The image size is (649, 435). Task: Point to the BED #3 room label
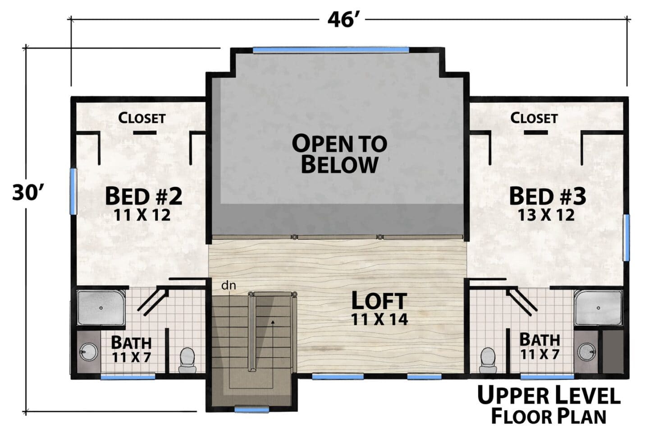pyautogui.click(x=548, y=196)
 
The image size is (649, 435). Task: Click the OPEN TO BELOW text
pyautogui.click(x=339, y=154)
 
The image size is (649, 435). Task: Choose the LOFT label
pyautogui.click(x=379, y=301)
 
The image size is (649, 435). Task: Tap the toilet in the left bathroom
pyautogui.click(x=187, y=360)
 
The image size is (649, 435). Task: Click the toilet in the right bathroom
pyautogui.click(x=488, y=360)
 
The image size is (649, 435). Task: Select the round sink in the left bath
pyautogui.click(x=88, y=352)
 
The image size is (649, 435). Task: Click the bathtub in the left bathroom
pyautogui.click(x=101, y=308)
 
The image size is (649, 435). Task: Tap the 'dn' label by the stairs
pyautogui.click(x=229, y=286)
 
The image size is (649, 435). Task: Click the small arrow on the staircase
pyautogui.click(x=272, y=322)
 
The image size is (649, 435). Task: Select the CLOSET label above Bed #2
pyautogui.click(x=142, y=118)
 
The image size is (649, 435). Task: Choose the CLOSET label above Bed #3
pyautogui.click(x=534, y=118)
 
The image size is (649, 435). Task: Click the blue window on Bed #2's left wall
pyautogui.click(x=73, y=191)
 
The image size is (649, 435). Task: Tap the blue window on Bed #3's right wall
pyautogui.click(x=626, y=237)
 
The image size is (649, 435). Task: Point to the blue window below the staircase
pyautogui.click(x=251, y=409)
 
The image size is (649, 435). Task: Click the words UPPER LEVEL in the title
pyautogui.click(x=549, y=396)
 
